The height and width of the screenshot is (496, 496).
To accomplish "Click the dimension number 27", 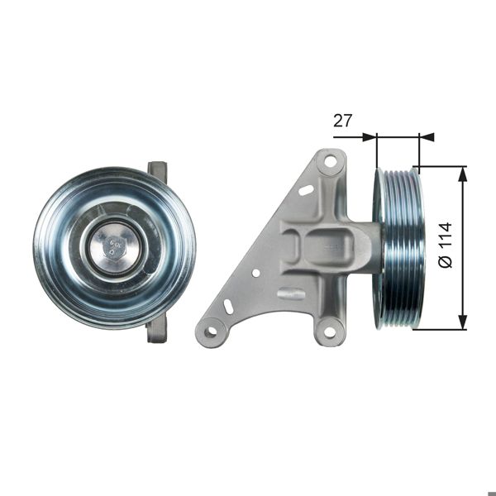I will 343,121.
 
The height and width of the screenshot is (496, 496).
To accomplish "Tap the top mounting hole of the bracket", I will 331,161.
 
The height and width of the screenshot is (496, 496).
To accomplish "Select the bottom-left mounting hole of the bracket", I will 211,332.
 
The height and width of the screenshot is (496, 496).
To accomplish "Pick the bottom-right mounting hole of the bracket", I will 330,332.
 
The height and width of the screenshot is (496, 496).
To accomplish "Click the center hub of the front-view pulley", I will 113,246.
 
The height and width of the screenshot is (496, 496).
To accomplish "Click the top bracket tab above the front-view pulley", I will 157,171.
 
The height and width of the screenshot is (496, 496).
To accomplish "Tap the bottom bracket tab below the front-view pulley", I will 156,331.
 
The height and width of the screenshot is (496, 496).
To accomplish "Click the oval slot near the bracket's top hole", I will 306,190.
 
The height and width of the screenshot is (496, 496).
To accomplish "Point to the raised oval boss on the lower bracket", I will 290,293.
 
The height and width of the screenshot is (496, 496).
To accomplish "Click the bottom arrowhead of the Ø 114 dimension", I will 462,323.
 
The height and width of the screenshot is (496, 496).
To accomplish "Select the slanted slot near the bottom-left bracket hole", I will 228,306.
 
